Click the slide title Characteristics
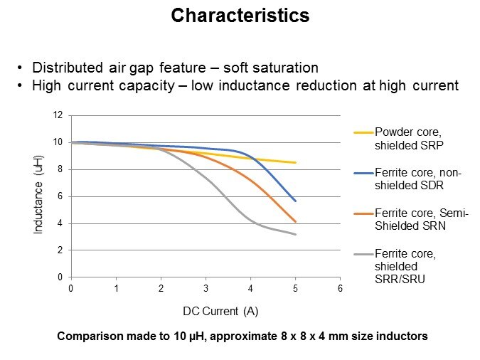(240, 16)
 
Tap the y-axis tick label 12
(58, 115)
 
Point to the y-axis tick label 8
(60, 169)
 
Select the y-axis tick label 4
(60, 223)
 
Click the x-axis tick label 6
(340, 288)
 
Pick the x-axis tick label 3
(206, 288)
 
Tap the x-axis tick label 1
(116, 288)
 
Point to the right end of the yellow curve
(295, 163)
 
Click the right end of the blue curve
(295, 201)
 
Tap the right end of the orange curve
(295, 221)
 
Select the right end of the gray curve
(295, 234)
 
